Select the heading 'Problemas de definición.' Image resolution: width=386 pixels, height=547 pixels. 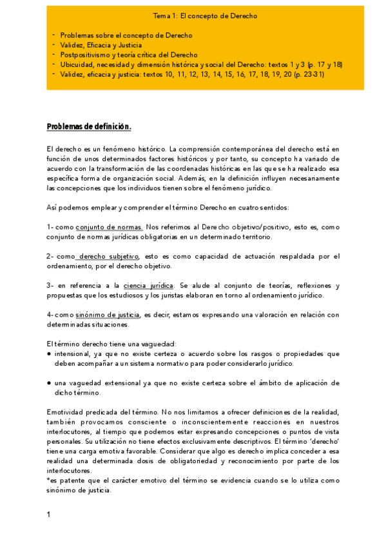click(x=89, y=126)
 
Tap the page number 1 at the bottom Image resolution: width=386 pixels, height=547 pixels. click(x=49, y=514)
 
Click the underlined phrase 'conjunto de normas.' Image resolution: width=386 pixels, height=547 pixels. click(x=109, y=228)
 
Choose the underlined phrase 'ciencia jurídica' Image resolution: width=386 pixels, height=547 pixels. click(x=148, y=285)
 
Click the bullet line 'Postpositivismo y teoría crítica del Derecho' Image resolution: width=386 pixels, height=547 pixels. click(x=129, y=55)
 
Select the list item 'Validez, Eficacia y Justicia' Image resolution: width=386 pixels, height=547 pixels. click(x=101, y=45)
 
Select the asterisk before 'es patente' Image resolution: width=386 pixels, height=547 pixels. click(x=48, y=480)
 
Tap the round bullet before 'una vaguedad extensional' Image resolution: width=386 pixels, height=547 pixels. click(x=50, y=383)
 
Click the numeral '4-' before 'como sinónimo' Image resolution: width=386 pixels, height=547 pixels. click(x=50, y=315)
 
